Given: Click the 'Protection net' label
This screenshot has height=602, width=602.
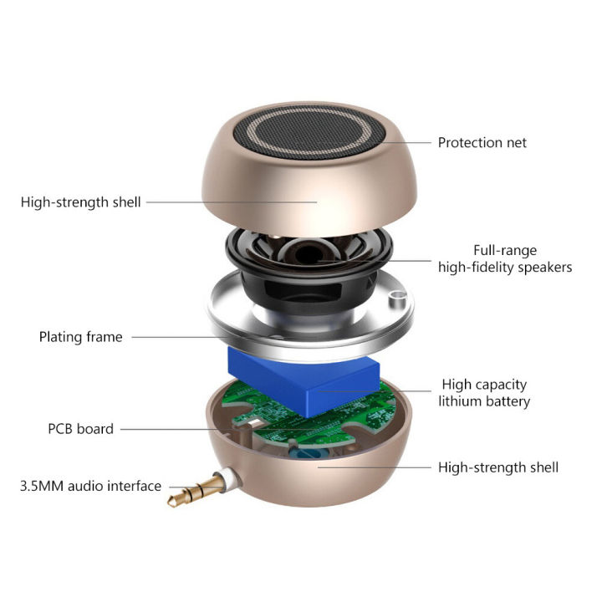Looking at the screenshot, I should [482, 143].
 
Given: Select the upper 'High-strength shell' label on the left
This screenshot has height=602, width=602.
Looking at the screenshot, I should [81, 202].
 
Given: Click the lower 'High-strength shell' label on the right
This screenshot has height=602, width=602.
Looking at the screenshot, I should [498, 467].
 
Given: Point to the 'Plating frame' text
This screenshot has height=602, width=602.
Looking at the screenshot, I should [80, 337].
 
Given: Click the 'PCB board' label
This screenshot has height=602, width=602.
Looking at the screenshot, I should [80, 429].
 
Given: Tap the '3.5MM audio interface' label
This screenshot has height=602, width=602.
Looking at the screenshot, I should [90, 486].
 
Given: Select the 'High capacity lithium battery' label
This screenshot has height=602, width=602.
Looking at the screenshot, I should [485, 393].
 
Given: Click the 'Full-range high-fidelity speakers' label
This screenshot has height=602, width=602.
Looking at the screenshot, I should [505, 259].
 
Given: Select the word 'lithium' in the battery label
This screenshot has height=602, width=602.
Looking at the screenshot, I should [461, 401].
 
